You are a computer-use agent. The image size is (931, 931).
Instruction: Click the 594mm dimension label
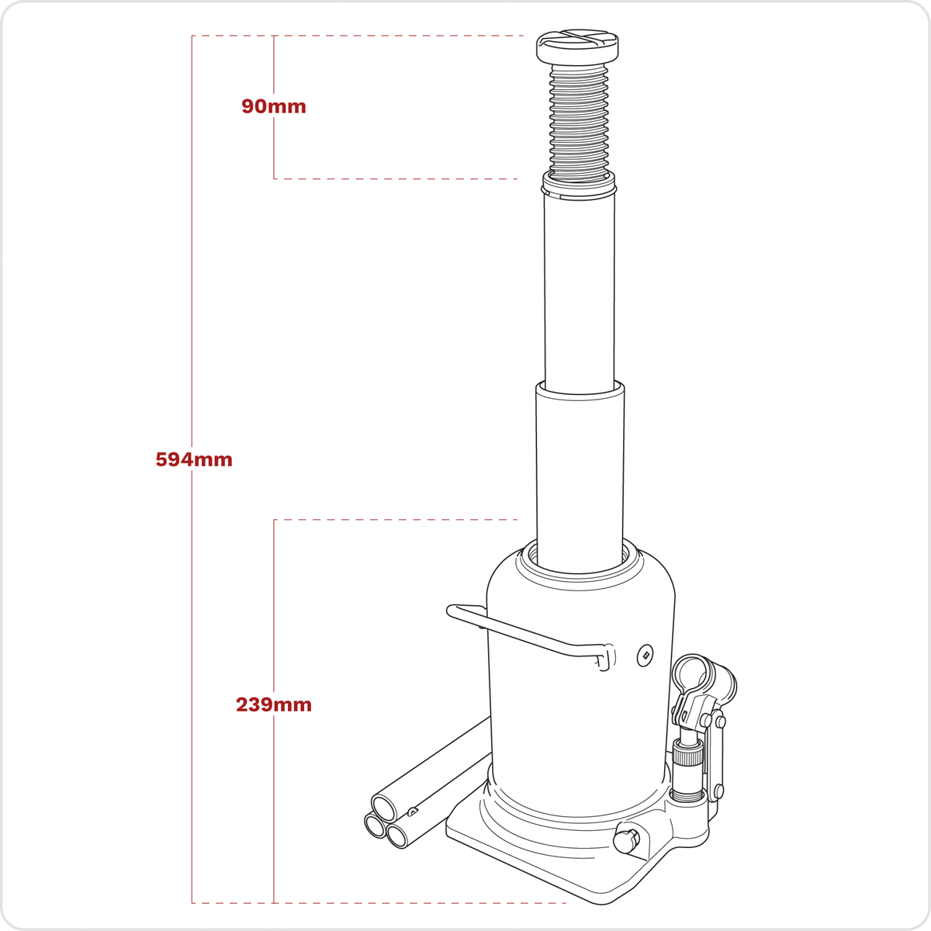pos(194,459)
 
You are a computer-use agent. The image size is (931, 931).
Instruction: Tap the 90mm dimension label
pos(273,106)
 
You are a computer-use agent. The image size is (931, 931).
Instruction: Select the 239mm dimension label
pos(273,704)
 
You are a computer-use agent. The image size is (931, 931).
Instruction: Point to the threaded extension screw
pos(579,124)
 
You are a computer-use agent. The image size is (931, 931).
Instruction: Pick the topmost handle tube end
pos(386,802)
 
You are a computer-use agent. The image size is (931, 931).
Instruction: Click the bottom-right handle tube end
pos(398,836)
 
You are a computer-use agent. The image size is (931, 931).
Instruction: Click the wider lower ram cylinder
pos(580,465)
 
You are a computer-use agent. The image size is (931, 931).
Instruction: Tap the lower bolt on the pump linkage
pos(718,792)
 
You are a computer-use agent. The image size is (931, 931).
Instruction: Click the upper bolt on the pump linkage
pos(721,722)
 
